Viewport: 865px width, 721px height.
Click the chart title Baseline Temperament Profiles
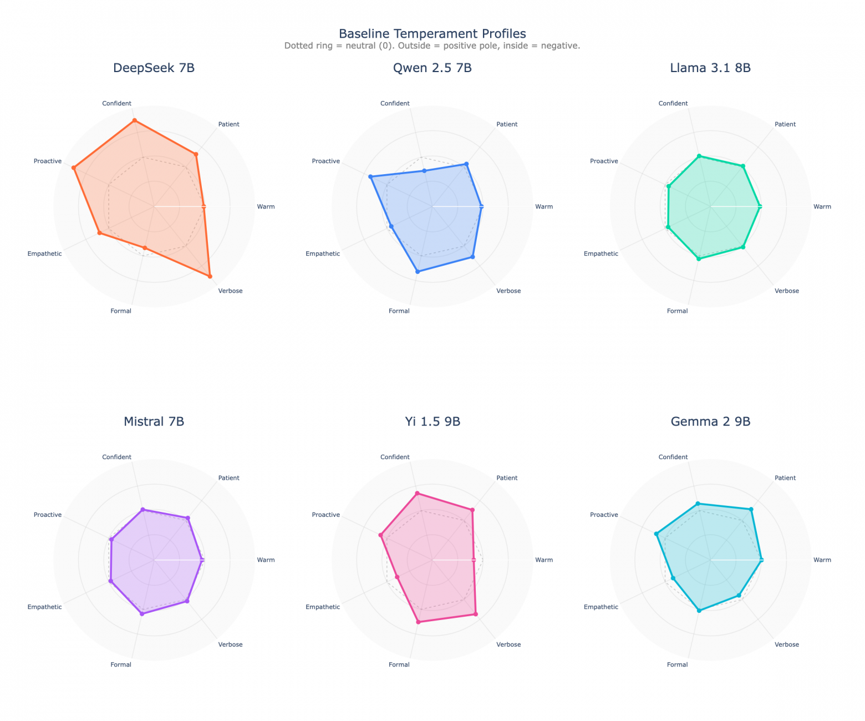tap(432, 34)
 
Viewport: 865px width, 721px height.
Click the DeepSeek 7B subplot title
tap(154, 68)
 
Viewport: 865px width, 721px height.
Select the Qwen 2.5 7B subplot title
tap(432, 68)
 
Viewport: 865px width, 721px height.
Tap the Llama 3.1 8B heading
tap(710, 68)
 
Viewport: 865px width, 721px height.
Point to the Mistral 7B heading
tap(154, 422)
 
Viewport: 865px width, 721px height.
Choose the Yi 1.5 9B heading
tap(432, 422)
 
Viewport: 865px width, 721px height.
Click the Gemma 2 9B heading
tap(710, 422)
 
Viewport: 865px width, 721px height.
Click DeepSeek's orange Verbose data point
tap(210, 276)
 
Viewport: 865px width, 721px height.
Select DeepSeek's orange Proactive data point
tap(74, 167)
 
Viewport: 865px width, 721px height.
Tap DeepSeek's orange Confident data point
tap(134, 120)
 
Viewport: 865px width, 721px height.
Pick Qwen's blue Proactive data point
tap(370, 176)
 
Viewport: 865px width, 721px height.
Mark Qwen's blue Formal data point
tap(418, 271)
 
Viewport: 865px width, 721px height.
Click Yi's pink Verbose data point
tap(475, 614)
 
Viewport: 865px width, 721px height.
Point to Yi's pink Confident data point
tap(417, 493)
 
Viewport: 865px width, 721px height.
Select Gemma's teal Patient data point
tap(751, 509)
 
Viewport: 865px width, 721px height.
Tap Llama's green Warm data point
tap(760, 206)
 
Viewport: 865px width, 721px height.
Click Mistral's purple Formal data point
tap(142, 614)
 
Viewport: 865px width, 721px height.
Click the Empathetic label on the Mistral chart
tap(44, 607)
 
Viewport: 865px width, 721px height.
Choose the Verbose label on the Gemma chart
tap(786, 644)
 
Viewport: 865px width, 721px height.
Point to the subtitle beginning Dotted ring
tap(432, 46)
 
